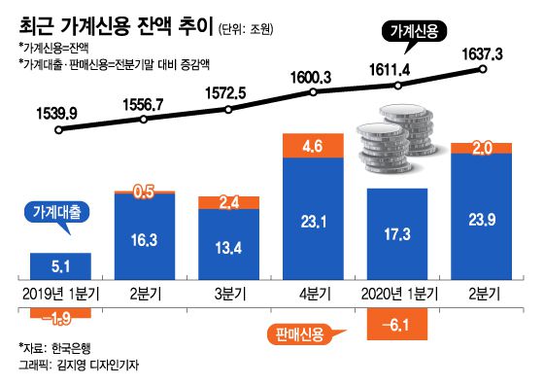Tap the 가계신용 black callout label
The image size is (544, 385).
(411, 31)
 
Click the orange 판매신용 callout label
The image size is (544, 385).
(300, 336)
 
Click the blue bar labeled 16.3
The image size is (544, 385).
(144, 236)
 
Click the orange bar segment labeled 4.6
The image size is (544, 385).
(312, 146)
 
